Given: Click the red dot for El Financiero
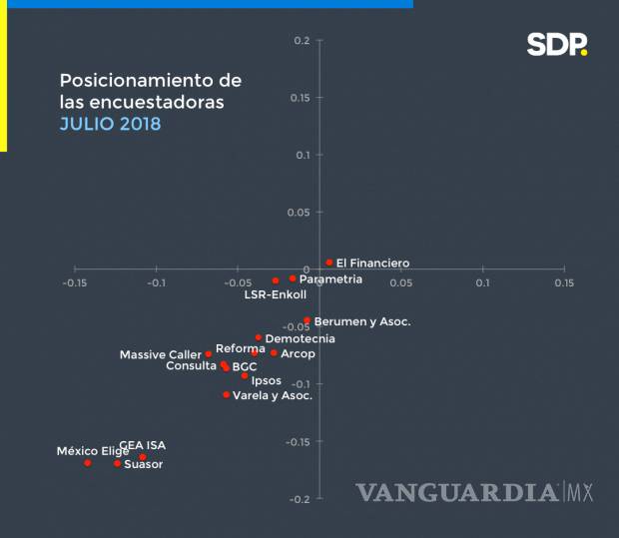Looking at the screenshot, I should point(328,263).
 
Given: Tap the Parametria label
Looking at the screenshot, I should point(330,279).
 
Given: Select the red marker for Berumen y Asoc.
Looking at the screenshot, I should point(307,321).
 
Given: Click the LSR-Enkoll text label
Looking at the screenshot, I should point(275,294).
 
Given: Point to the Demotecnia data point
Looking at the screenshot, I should point(258,337).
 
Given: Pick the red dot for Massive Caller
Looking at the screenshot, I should point(208,354).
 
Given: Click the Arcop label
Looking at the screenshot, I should point(298,353).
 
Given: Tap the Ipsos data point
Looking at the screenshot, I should point(245,375).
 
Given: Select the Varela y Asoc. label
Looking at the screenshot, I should point(272,395).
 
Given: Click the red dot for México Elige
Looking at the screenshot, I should point(88,462).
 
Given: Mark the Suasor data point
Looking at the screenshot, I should point(117,463).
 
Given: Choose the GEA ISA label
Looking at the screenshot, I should point(142,445).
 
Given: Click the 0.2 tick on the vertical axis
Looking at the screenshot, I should point(302,41).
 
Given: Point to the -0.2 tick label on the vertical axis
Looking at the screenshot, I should point(300,499).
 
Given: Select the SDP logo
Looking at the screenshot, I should point(557,45).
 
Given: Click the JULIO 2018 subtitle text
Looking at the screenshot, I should point(109,125).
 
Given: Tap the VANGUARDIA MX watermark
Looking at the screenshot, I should point(474,492).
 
